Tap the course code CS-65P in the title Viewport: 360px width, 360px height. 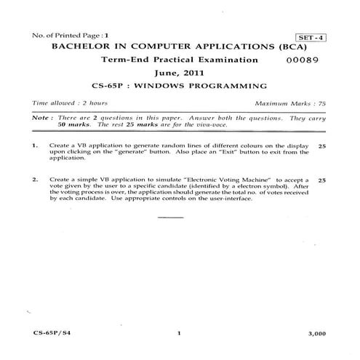[x=119, y=86]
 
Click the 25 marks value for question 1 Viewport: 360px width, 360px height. [x=322, y=146]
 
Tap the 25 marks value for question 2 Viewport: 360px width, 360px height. [x=322, y=179]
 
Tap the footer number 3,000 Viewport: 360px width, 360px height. [x=317, y=332]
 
